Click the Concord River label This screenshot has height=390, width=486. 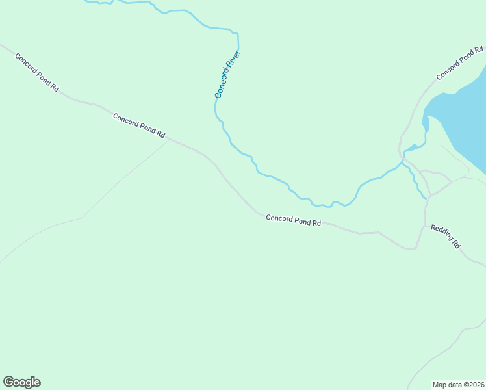point(228,74)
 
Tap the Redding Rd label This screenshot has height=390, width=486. point(446,236)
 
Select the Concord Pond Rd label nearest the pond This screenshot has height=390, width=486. point(460,63)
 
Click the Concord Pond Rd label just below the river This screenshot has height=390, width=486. point(294,220)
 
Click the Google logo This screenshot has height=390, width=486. point(21,382)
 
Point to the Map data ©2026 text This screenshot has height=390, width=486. point(459,385)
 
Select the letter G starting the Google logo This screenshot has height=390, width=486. point(8,382)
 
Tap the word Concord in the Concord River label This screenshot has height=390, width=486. point(223,85)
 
